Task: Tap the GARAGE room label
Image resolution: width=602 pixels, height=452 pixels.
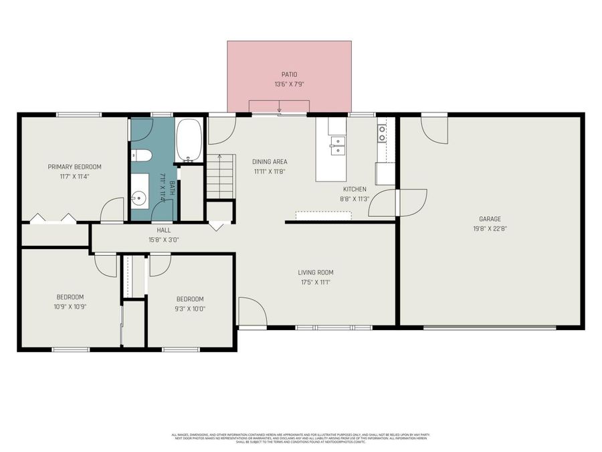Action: [x=490, y=219]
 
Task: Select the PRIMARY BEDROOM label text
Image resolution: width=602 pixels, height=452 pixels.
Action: [x=74, y=167]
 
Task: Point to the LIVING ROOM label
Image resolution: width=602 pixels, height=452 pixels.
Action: [x=315, y=273]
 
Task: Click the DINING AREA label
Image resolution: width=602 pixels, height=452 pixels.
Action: [x=270, y=161]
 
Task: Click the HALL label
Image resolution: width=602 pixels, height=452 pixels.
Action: [x=164, y=230]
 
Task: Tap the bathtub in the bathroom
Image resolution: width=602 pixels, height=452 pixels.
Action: [x=189, y=141]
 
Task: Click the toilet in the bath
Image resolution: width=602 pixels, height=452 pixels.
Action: [x=141, y=155]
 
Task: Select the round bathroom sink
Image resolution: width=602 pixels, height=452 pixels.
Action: [x=139, y=198]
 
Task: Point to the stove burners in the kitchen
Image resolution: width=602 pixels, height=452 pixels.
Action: [x=382, y=134]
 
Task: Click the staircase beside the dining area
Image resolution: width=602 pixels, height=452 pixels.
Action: [x=221, y=175]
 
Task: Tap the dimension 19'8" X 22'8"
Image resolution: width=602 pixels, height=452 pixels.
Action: [x=490, y=228]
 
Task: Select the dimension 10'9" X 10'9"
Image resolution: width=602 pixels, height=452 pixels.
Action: [x=70, y=307]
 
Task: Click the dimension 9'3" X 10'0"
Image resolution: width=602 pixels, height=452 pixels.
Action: [x=190, y=309]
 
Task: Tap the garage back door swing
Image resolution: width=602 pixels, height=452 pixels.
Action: [x=434, y=129]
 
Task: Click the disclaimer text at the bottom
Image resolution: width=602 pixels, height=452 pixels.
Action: [x=300, y=438]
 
